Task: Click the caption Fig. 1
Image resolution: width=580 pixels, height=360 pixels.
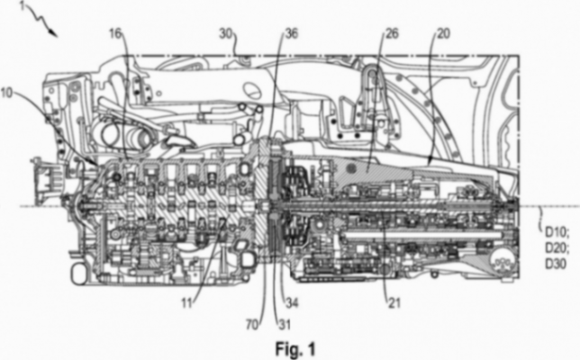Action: (x=293, y=345)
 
